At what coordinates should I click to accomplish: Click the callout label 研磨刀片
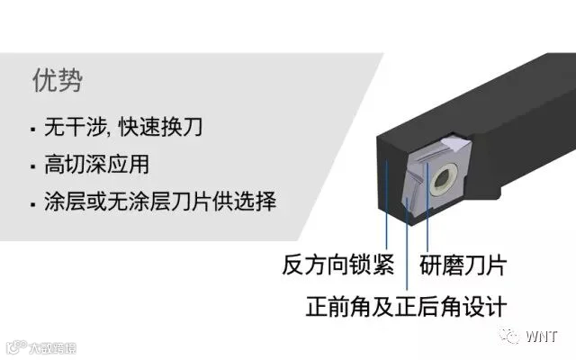point(463,265)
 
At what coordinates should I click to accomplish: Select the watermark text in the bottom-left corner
point(40,346)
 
